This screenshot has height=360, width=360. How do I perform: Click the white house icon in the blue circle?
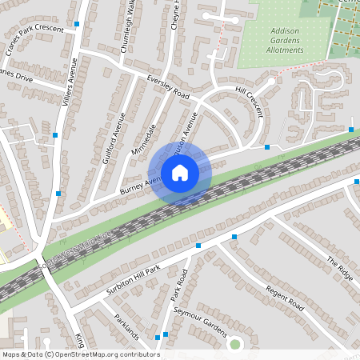click(x=180, y=173)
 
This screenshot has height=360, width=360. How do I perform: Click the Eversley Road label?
click(x=168, y=87)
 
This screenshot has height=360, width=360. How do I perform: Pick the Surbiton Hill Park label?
click(x=131, y=275)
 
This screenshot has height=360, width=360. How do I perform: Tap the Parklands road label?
click(x=126, y=326)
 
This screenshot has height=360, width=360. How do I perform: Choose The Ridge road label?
click(x=339, y=267)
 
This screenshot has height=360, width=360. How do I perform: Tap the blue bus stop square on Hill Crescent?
click(x=267, y=147)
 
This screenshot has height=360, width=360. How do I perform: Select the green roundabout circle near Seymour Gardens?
click(x=234, y=344)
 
